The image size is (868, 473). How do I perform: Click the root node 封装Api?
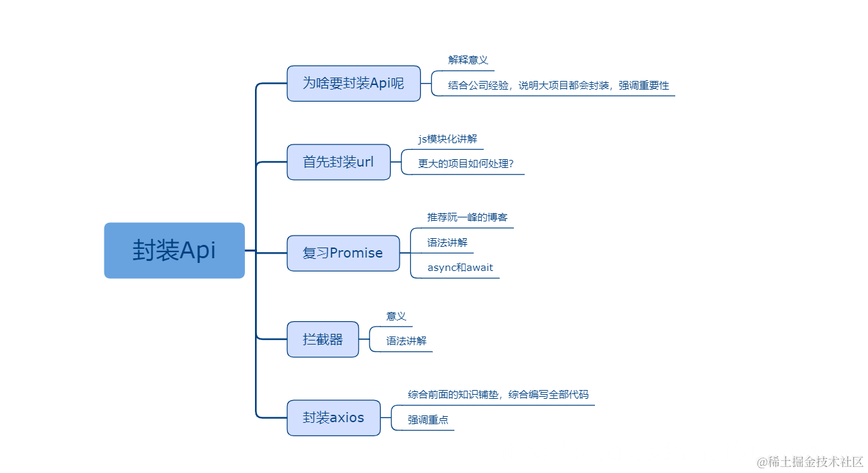pyautogui.click(x=174, y=250)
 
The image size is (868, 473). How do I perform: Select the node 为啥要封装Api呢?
pyautogui.click(x=353, y=83)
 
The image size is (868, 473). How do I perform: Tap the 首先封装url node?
pyautogui.click(x=338, y=162)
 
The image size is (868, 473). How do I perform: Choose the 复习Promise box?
pyautogui.click(x=343, y=253)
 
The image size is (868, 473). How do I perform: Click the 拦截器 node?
pyautogui.click(x=323, y=339)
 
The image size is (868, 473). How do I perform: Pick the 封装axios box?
pyautogui.click(x=333, y=417)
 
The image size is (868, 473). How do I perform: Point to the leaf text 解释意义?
pyautogui.click(x=468, y=60)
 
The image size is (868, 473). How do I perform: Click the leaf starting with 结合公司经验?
pyautogui.click(x=558, y=86)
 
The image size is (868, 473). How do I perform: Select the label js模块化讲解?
pyautogui.click(x=448, y=138)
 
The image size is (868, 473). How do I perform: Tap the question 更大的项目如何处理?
pyautogui.click(x=466, y=163)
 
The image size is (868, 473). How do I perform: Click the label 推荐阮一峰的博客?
pyautogui.click(x=467, y=217)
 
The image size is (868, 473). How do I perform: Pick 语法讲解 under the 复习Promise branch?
pyautogui.click(x=447, y=243)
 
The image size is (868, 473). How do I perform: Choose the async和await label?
pyautogui.click(x=460, y=268)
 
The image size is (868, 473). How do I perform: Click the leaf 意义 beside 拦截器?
pyautogui.click(x=396, y=316)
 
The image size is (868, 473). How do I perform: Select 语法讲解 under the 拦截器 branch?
pyautogui.click(x=406, y=341)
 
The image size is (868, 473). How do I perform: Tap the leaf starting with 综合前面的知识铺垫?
pyautogui.click(x=498, y=395)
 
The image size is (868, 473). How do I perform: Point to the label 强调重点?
pyautogui.click(x=428, y=420)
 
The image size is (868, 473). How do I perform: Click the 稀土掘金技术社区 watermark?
pyautogui.click(x=810, y=462)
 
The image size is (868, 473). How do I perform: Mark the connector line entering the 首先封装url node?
pyautogui.click(x=272, y=162)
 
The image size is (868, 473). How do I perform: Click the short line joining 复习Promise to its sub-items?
pyautogui.click(x=405, y=253)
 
